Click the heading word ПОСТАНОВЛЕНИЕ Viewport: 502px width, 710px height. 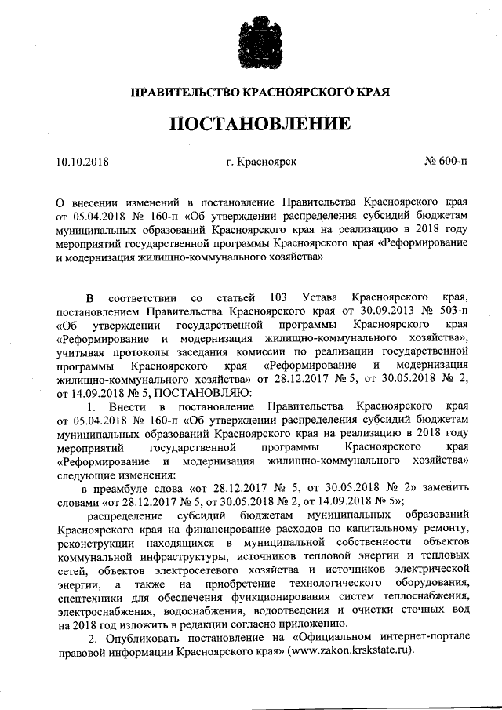(x=251, y=125)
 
